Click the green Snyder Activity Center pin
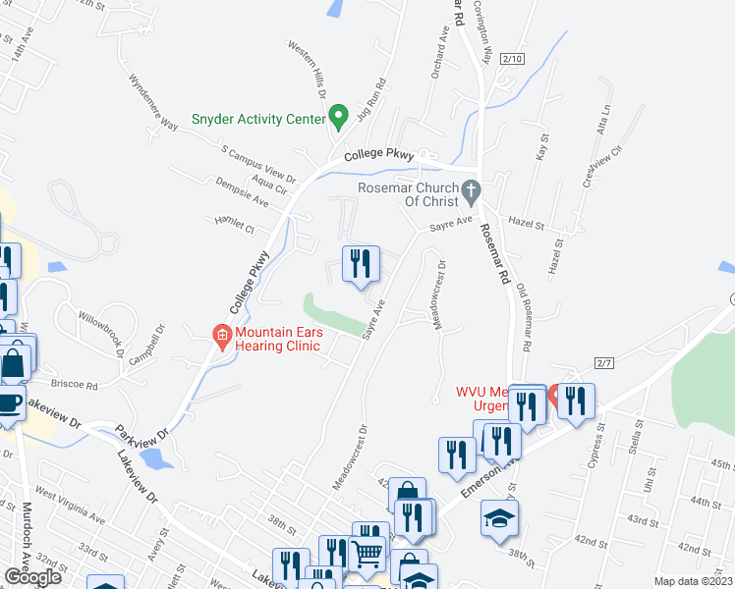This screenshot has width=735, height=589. click(339, 118)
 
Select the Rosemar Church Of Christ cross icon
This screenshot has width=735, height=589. click(472, 189)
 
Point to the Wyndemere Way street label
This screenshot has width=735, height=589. click(153, 100)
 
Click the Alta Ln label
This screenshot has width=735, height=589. click(604, 123)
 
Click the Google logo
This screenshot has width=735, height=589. click(32, 577)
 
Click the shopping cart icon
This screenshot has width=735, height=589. click(367, 554)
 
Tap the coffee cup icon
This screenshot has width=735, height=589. click(10, 403)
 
